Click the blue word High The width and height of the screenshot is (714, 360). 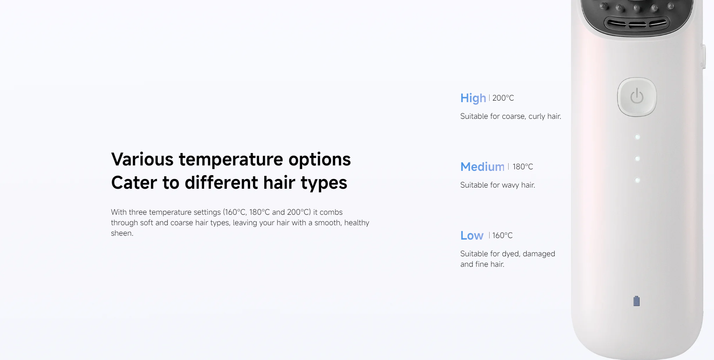[473, 98]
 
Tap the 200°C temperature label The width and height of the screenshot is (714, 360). [503, 98]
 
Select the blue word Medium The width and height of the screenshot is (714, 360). [482, 167]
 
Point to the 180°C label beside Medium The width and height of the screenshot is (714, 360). [523, 167]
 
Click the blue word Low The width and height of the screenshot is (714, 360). [472, 235]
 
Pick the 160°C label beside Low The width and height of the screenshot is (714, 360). [502, 235]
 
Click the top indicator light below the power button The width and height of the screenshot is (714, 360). [637, 137]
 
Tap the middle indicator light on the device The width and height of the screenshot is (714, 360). [637, 158]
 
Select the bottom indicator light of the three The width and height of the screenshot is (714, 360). [637, 180]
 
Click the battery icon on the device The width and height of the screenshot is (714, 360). [637, 301]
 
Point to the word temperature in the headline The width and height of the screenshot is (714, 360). [231, 160]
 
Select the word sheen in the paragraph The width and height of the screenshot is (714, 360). [122, 233]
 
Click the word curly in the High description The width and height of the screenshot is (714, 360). [537, 117]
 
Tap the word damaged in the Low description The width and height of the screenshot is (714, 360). [539, 254]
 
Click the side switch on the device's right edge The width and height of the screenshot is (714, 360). [703, 57]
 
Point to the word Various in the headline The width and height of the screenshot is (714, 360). [142, 159]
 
